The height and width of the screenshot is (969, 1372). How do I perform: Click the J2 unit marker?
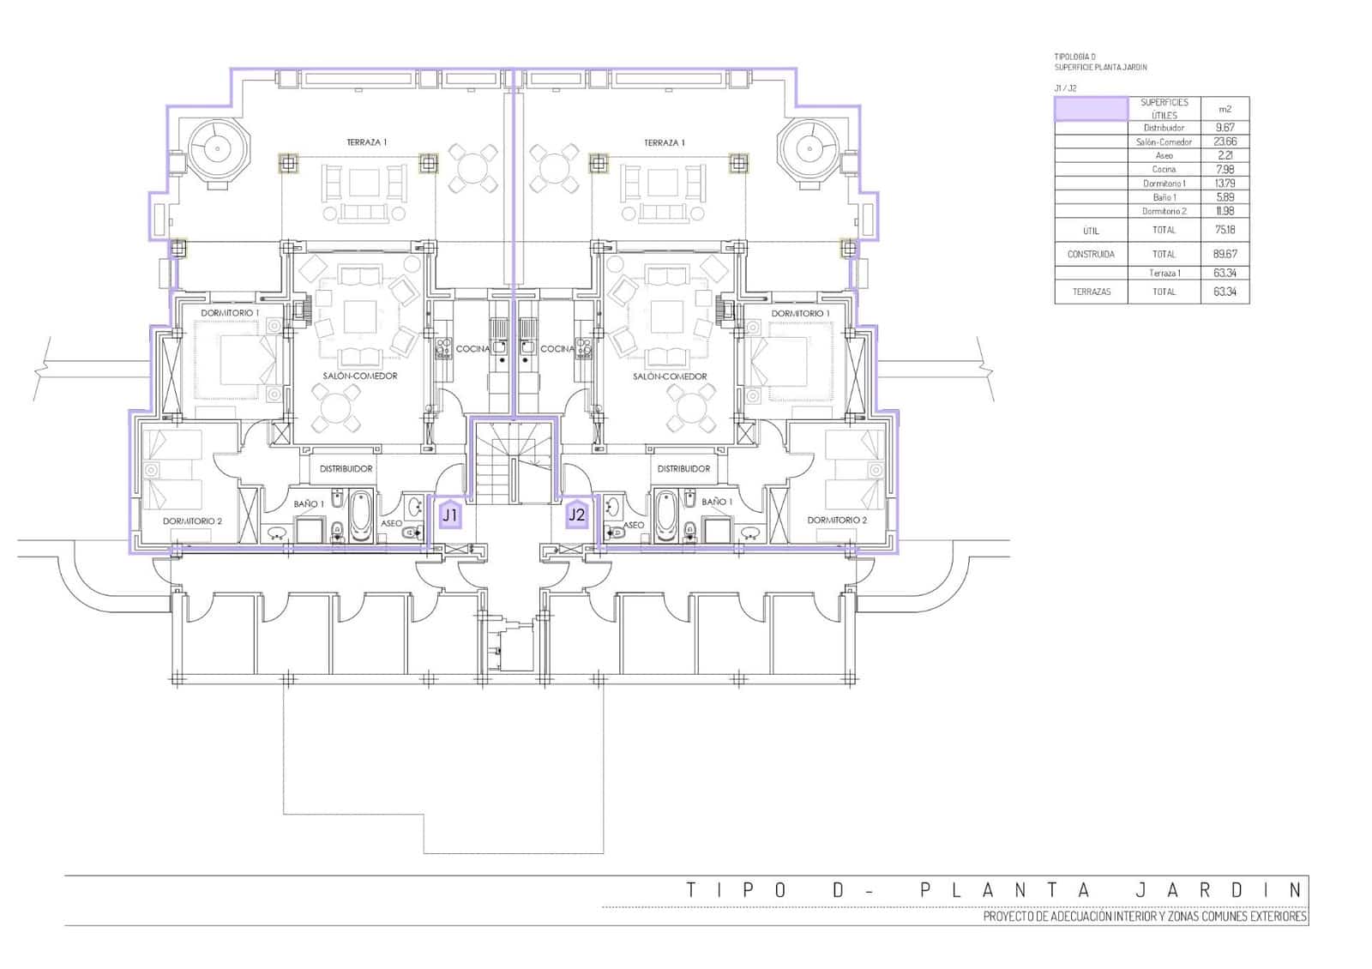[577, 515]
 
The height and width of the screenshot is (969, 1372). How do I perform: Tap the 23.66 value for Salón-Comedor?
[1225, 141]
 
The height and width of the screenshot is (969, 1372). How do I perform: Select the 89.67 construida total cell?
[1225, 254]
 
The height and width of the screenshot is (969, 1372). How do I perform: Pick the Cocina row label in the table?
[1164, 169]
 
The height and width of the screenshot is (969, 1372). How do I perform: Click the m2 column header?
[1225, 109]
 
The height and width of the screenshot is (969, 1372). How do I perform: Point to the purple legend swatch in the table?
[1091, 109]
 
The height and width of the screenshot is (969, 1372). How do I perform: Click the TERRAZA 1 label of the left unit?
[366, 142]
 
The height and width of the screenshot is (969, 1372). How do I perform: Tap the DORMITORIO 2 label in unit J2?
[837, 521]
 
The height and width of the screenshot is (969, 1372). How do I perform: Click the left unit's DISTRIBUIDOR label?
[346, 469]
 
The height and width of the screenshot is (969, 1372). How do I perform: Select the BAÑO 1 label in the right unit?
[717, 503]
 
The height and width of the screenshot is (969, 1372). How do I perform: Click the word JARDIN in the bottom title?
[1219, 890]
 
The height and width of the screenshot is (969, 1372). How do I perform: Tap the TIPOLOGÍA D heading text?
[1074, 57]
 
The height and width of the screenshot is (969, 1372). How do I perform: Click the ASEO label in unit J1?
[391, 524]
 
